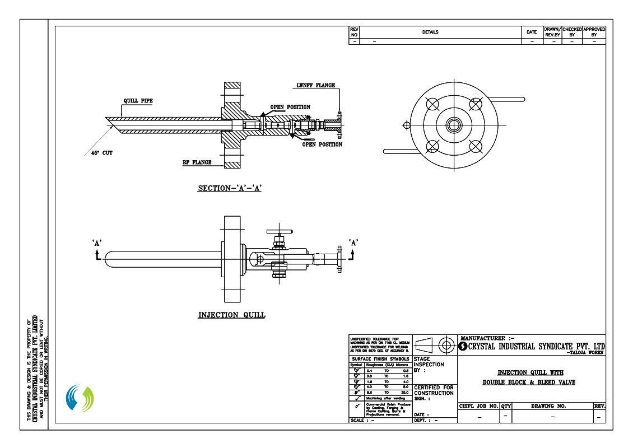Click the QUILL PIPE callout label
[x=138, y=101]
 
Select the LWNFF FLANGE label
[x=316, y=85]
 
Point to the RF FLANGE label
[x=197, y=162]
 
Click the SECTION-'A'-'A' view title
[x=230, y=188]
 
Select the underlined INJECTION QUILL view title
[x=231, y=315]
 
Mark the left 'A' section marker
[x=96, y=242]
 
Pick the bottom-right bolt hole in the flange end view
[x=476, y=146]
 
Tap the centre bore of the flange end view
[x=454, y=125]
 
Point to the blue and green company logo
[x=80, y=399]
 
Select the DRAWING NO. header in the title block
[x=552, y=406]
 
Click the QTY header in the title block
[x=506, y=406]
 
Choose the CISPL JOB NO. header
[x=478, y=406]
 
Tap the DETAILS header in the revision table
[x=430, y=32]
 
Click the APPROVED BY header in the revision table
[x=594, y=32]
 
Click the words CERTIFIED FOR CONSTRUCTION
[x=434, y=390]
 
